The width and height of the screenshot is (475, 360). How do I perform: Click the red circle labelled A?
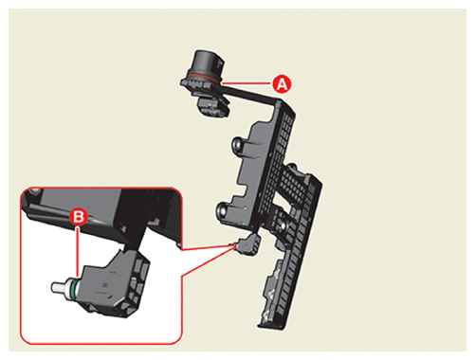pos(282,84)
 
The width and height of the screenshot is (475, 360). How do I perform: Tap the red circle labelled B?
pos(78,217)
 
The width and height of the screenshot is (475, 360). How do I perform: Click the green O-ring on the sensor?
pos(73,288)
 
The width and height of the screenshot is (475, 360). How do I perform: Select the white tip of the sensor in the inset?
pos(59,287)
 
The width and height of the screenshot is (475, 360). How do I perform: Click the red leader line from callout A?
pos(247,83)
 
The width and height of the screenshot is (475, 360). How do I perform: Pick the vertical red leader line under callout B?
pos(78,252)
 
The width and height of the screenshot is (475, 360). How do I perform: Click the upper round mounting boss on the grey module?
pos(238,145)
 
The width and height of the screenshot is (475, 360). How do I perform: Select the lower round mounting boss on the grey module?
pos(223,210)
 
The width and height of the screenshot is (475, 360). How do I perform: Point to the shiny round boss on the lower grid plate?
pos(283,225)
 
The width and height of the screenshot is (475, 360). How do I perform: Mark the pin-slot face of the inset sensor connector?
pos(138,281)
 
